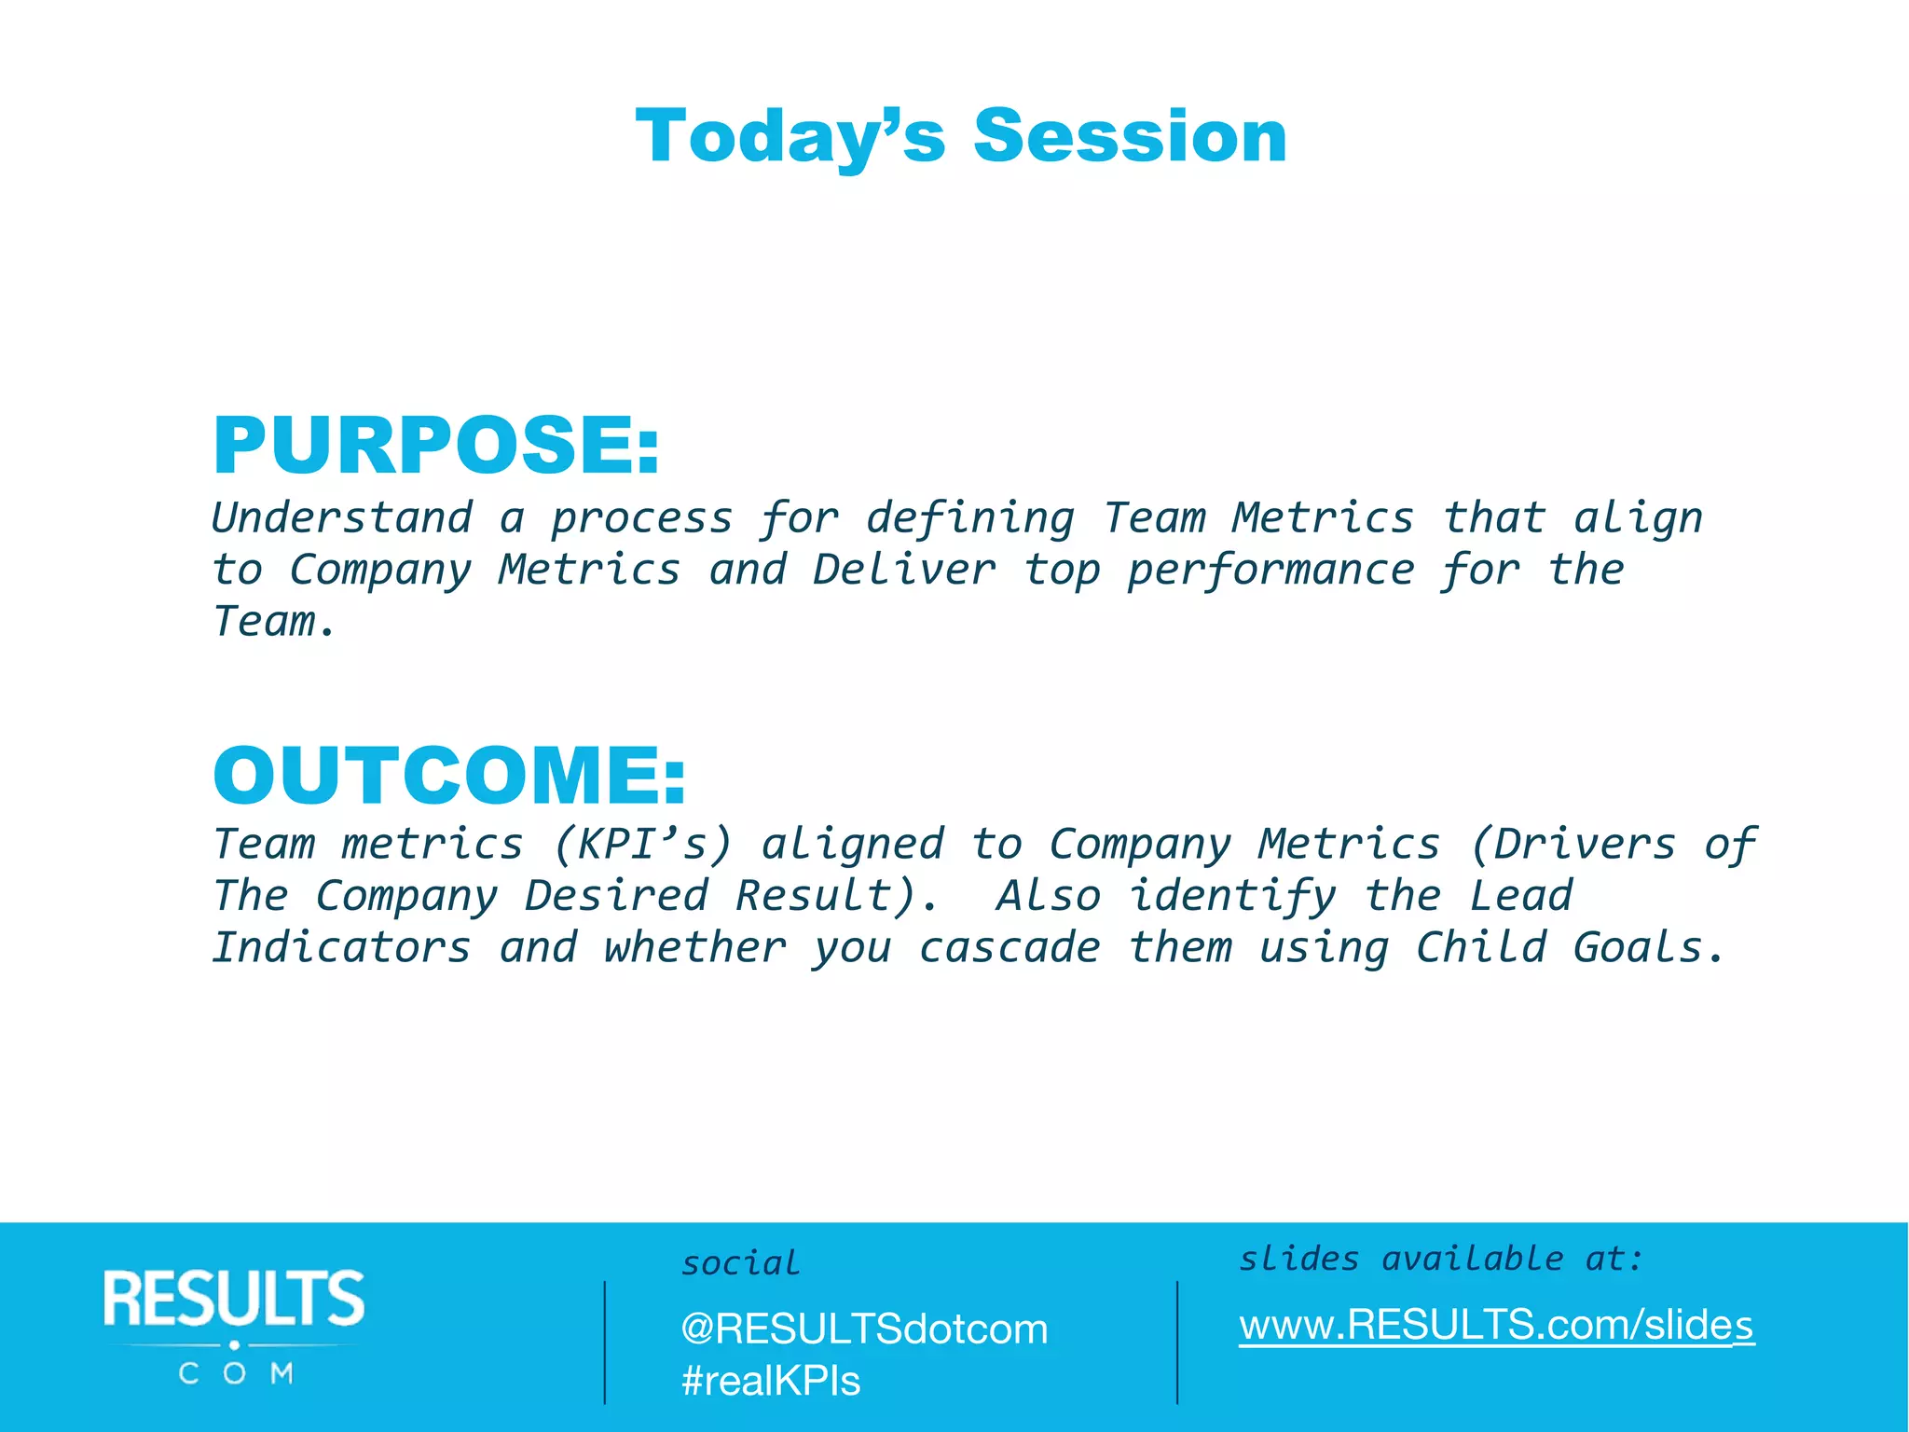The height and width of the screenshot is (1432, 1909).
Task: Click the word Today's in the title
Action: coord(790,137)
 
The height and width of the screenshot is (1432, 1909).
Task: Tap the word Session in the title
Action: coord(1130,137)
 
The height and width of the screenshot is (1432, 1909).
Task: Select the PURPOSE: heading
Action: coord(436,446)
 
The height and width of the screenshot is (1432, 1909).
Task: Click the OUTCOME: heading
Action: coord(449,776)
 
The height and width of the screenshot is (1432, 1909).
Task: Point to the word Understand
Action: coord(342,517)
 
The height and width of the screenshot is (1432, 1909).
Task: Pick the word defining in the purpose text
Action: coord(970,519)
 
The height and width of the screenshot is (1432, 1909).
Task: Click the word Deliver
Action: coord(903,570)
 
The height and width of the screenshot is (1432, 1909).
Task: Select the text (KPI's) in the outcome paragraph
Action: coord(643,845)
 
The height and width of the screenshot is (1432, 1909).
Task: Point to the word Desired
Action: coord(616,896)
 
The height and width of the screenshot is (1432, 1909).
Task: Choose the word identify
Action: coord(1232,897)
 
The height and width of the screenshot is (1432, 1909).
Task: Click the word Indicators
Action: coord(342,947)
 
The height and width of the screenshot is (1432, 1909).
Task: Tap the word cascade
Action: coord(1009,947)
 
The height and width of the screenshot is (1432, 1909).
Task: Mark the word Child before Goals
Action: coord(1481,947)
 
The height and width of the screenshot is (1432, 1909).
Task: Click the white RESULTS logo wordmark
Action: coord(234,1298)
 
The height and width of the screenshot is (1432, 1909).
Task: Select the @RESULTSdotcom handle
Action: coord(864,1329)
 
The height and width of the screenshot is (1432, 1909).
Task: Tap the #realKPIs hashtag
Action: coord(771,1381)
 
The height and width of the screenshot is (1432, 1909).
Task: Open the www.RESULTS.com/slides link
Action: coord(1496,1325)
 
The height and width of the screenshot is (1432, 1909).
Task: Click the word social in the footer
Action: coord(740,1263)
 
